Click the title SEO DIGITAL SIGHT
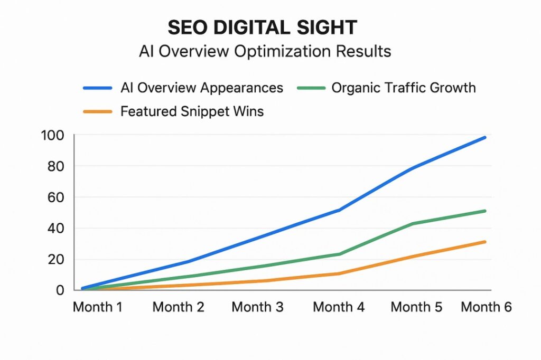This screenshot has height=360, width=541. pos(263,27)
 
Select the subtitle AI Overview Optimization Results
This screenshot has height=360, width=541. pos(265,51)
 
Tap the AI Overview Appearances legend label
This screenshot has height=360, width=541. pos(202,88)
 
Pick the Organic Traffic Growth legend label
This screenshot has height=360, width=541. pos(404,88)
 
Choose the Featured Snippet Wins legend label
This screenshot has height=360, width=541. pos(192,111)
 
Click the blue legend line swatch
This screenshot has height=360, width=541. pos(98,88)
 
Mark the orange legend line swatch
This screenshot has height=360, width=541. pos(98,112)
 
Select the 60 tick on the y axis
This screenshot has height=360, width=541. pos(55,197)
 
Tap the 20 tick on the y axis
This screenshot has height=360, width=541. pos(55,260)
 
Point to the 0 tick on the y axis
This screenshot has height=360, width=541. pos(59,290)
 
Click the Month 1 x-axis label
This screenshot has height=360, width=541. pos(98,307)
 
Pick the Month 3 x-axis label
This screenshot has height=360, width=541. pos(257,307)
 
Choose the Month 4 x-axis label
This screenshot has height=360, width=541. pos(339,307)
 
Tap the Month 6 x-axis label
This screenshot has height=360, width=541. pos(486,307)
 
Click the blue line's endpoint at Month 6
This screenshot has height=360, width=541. pos(484,137)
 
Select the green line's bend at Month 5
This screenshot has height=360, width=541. pos(412,224)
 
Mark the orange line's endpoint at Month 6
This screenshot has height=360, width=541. pos(484,242)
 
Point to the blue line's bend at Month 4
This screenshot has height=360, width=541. pos(339,210)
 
